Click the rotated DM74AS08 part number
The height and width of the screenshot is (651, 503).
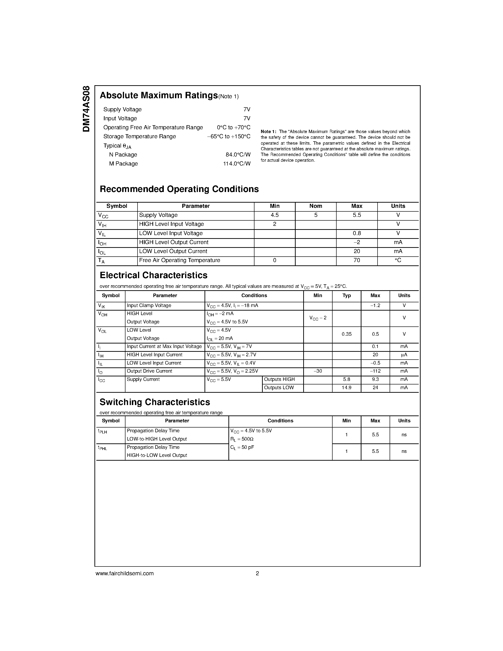86,109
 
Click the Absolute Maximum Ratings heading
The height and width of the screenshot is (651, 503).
159,95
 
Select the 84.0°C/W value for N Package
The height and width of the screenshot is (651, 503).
238,155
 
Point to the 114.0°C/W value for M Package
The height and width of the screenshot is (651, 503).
237,164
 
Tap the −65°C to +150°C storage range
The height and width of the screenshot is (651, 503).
229,137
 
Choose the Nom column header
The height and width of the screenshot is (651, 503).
316,206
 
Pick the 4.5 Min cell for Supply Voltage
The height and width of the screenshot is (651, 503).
274,215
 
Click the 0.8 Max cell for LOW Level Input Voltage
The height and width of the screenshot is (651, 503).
357,233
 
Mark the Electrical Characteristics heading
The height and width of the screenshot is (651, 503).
153,275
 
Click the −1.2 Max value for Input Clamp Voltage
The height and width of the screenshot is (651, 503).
375,306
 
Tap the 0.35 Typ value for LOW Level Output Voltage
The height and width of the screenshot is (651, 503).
347,334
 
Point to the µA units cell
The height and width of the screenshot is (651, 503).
404,355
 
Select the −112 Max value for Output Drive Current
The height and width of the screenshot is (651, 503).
375,371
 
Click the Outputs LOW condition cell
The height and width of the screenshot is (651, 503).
279,388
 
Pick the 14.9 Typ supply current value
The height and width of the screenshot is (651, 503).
347,388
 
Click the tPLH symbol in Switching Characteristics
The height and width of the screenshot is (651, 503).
102,431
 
